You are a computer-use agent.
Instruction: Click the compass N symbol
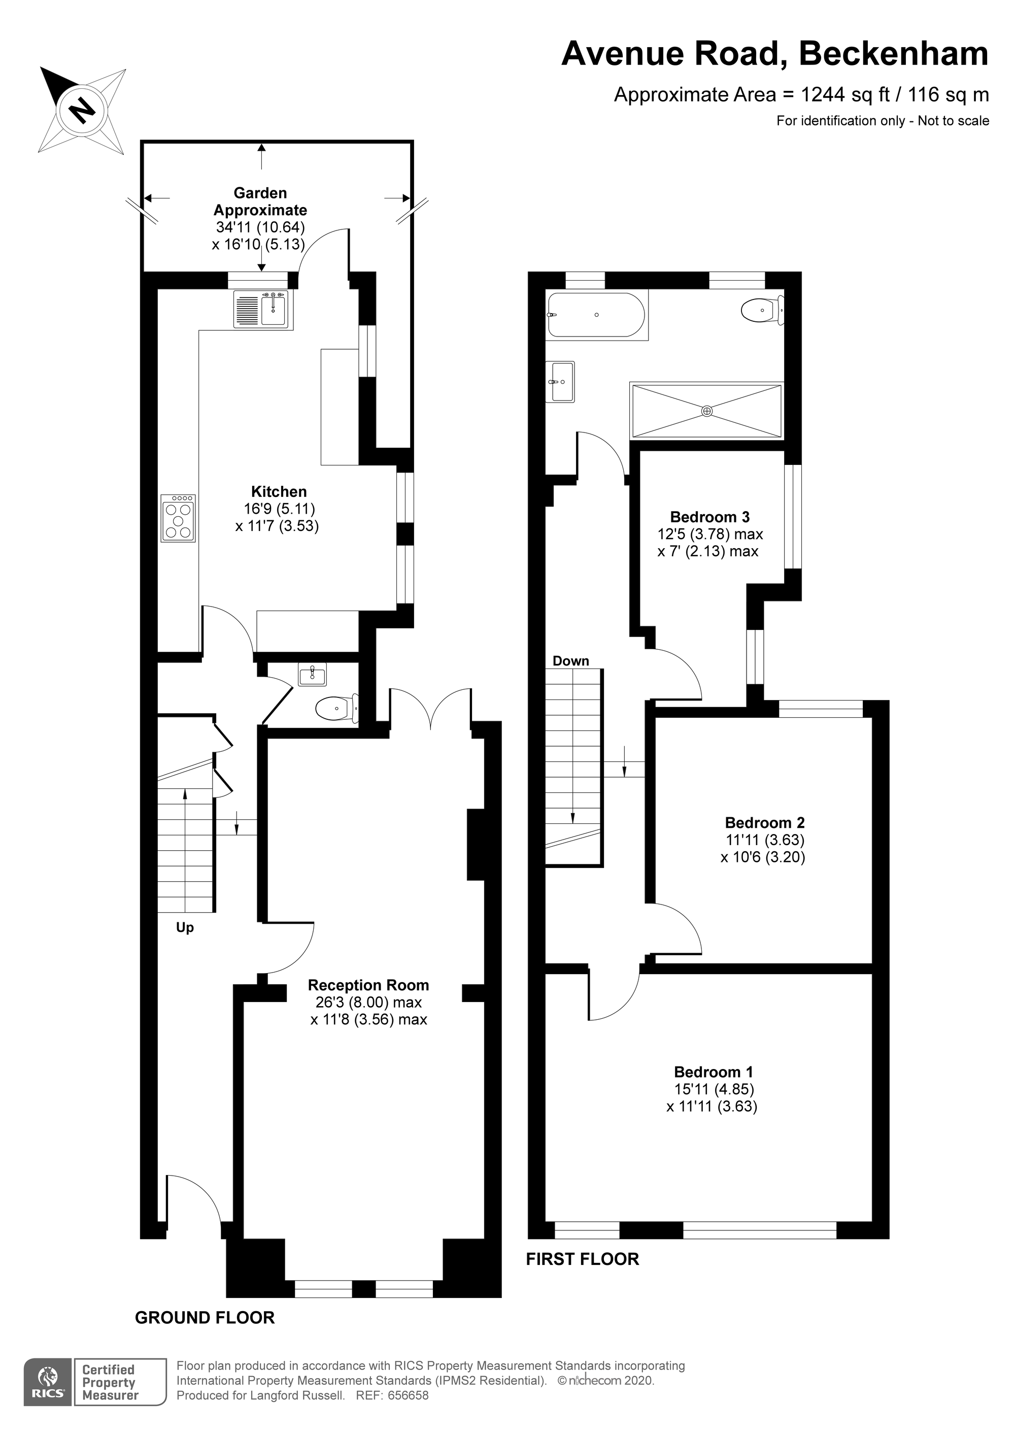pyautogui.click(x=82, y=111)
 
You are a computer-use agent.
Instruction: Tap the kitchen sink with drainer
pyautogui.click(x=261, y=309)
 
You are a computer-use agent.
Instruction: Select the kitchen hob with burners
pyautogui.click(x=178, y=517)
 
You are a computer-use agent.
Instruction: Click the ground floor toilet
pyautogui.click(x=336, y=709)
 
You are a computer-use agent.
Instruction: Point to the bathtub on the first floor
pyautogui.click(x=595, y=315)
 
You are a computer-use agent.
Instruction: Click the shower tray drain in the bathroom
pyautogui.click(x=706, y=411)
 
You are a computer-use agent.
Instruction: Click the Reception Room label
pyautogui.click(x=368, y=985)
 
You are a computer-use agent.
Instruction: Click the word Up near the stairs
pyautogui.click(x=185, y=927)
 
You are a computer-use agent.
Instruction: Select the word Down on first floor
pyautogui.click(x=570, y=660)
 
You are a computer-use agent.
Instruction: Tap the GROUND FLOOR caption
pyautogui.click(x=205, y=1317)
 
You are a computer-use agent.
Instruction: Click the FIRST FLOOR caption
pyautogui.click(x=582, y=1258)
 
